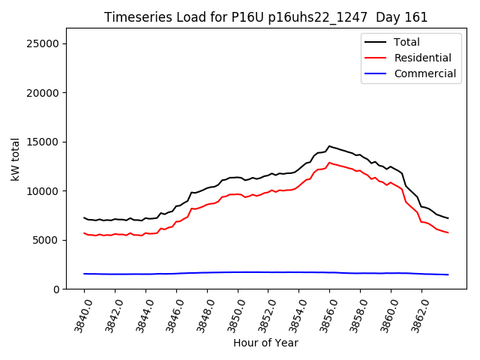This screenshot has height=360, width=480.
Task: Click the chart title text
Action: click(x=265, y=17)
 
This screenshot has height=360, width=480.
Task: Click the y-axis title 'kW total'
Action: click(x=16, y=159)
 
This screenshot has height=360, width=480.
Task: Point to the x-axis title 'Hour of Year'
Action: click(x=265, y=343)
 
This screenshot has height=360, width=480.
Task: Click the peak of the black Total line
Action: click(x=329, y=146)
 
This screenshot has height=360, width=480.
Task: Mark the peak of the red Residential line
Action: click(x=329, y=163)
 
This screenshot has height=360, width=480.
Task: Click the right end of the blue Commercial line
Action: click(x=448, y=274)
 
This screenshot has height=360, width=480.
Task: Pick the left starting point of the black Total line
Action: click(x=85, y=217)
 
